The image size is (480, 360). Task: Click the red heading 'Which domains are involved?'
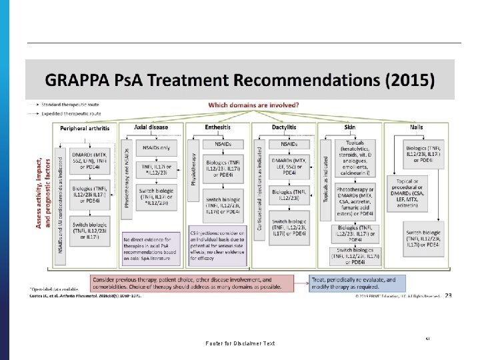click(253, 105)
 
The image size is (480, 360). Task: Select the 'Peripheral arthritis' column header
click(87, 127)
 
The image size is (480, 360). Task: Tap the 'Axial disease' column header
click(151, 127)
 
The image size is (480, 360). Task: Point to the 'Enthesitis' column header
click(219, 127)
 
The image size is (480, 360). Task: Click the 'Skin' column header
click(350, 127)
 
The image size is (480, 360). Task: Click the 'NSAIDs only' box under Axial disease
click(155, 148)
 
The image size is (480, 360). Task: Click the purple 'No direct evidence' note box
click(151, 248)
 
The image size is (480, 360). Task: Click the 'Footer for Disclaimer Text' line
click(241, 343)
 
